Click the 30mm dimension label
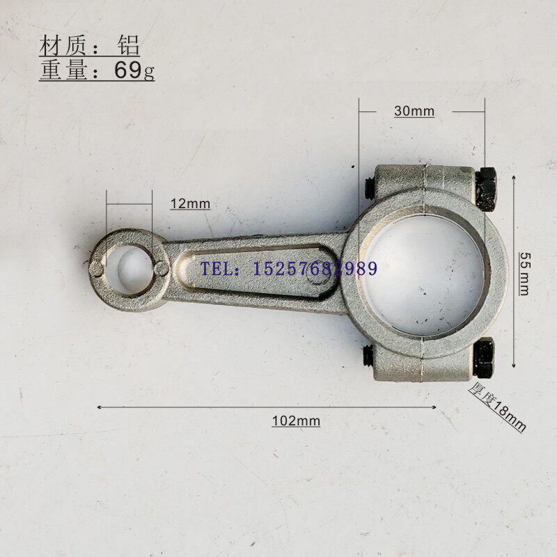click(414, 111)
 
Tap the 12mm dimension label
click(190, 204)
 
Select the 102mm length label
click(296, 421)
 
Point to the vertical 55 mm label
click(524, 274)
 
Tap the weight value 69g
click(134, 70)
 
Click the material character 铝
click(129, 45)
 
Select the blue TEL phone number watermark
click(289, 269)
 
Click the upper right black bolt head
click(485, 189)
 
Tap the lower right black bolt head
click(484, 357)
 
